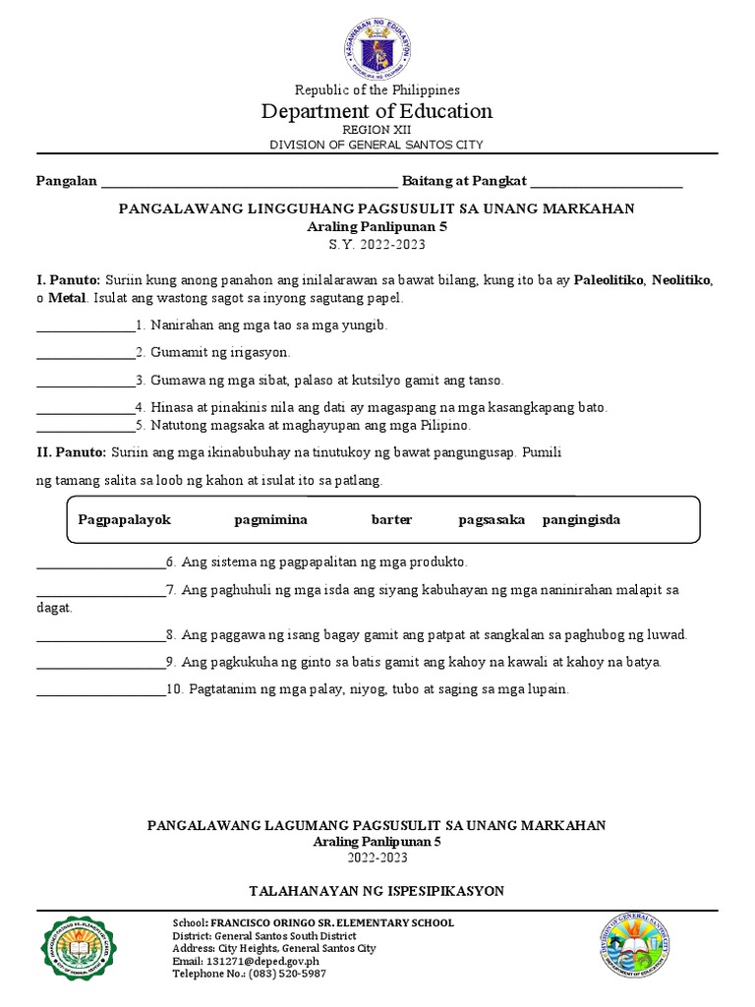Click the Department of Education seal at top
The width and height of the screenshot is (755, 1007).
(377, 41)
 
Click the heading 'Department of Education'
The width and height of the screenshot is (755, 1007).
(377, 111)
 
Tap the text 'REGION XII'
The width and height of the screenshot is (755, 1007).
(377, 130)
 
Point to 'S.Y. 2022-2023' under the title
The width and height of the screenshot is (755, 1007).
(377, 244)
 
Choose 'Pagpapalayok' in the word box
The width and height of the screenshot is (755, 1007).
(125, 519)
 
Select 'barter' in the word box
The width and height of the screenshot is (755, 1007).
(391, 519)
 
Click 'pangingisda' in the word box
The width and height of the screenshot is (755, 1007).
(581, 519)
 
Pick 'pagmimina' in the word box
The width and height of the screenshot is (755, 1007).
(270, 519)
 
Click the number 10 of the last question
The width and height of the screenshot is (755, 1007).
(174, 689)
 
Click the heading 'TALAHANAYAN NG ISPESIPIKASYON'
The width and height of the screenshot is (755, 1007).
(377, 891)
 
